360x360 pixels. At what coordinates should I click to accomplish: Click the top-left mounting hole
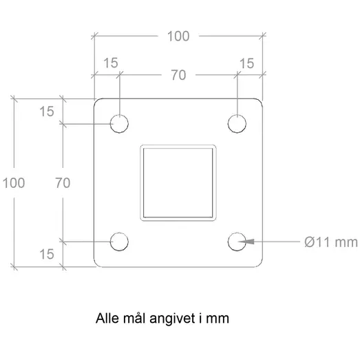point(120,124)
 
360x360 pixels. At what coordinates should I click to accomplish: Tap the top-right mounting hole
point(237,124)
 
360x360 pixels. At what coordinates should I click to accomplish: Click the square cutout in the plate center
point(178,182)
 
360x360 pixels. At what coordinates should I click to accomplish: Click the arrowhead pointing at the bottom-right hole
point(249,241)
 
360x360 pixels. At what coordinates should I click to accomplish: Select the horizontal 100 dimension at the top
point(178,36)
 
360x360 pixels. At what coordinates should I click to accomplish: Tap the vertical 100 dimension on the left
point(14,182)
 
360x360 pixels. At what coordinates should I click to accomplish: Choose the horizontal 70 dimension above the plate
point(178,76)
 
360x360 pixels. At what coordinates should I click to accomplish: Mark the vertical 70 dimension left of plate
point(63,182)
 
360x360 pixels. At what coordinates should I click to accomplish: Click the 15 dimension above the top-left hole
point(109,63)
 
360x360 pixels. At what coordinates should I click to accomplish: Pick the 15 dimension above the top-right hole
point(246,63)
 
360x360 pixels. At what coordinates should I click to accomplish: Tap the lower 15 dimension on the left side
point(46,254)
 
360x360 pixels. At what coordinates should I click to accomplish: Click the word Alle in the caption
point(107,319)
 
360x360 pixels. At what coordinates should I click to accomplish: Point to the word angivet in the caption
point(178,319)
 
